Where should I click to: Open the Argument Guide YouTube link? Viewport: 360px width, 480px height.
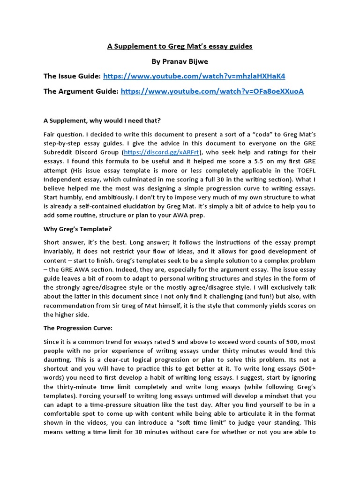pos(212,91)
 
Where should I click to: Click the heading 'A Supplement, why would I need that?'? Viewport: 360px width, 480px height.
pos(102,120)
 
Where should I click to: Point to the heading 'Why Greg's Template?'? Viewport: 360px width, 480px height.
pos(78,229)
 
